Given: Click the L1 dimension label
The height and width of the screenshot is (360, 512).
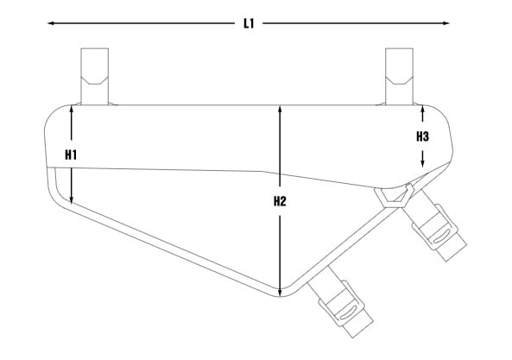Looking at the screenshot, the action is point(249,23).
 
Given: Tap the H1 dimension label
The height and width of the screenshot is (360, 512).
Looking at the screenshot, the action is point(71,155).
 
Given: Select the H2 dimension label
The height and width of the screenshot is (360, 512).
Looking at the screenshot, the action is point(280,201).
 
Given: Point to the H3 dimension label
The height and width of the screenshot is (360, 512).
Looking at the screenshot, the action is point(422,136).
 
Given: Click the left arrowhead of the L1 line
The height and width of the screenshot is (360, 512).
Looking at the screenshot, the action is point(51,23).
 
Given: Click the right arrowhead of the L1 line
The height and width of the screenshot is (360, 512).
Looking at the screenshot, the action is point(446,23).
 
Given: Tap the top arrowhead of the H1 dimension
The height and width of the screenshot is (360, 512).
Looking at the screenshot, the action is point(71,109).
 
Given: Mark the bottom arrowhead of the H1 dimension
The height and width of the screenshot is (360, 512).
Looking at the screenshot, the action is point(71,199).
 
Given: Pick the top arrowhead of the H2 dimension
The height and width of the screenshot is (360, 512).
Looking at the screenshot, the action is point(280,110).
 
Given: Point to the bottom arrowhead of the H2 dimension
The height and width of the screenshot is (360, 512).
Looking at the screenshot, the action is point(280,293).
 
